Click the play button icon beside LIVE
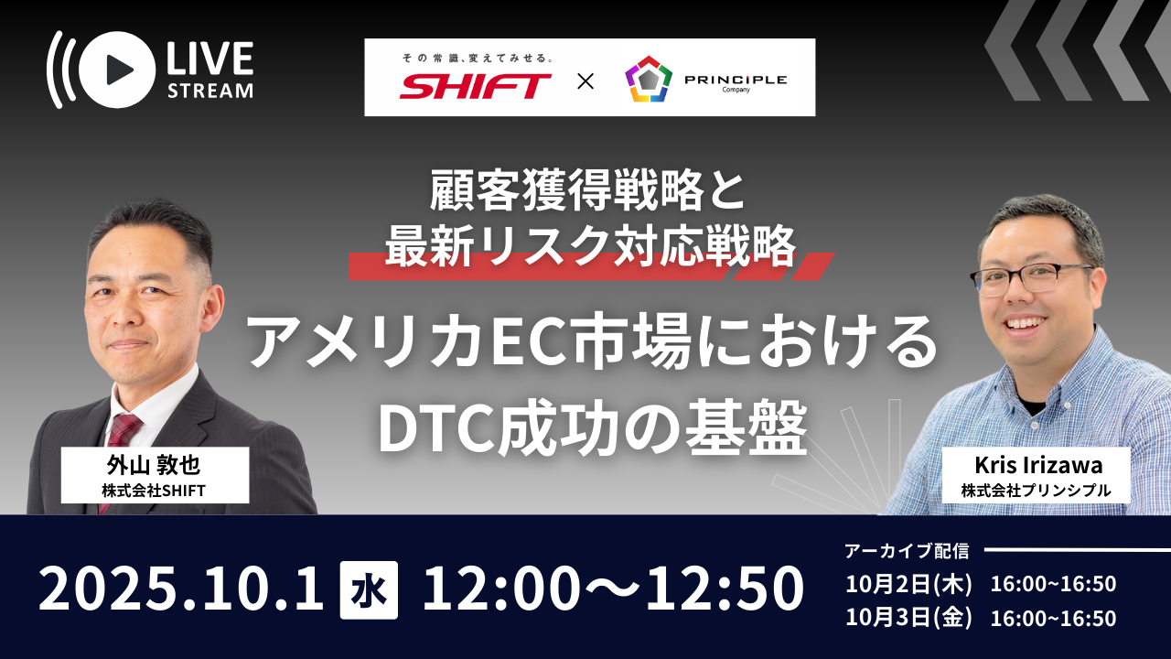tap(116, 70)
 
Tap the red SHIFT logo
tap(475, 86)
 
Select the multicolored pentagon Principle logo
tap(649, 79)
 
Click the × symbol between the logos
tap(585, 81)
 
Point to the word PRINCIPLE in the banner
tap(736, 80)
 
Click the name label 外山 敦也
tap(154, 465)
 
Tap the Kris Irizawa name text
tap(1038, 465)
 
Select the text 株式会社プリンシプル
tap(1037, 491)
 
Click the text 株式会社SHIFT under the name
tap(154, 491)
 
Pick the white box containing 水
tap(369, 590)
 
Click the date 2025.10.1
tap(181, 589)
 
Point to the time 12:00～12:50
tap(613, 589)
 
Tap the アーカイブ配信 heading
tap(907, 551)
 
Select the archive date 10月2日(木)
tap(908, 584)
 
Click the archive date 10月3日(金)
tap(908, 618)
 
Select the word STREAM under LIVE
tap(210, 91)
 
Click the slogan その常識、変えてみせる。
tap(478, 58)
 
